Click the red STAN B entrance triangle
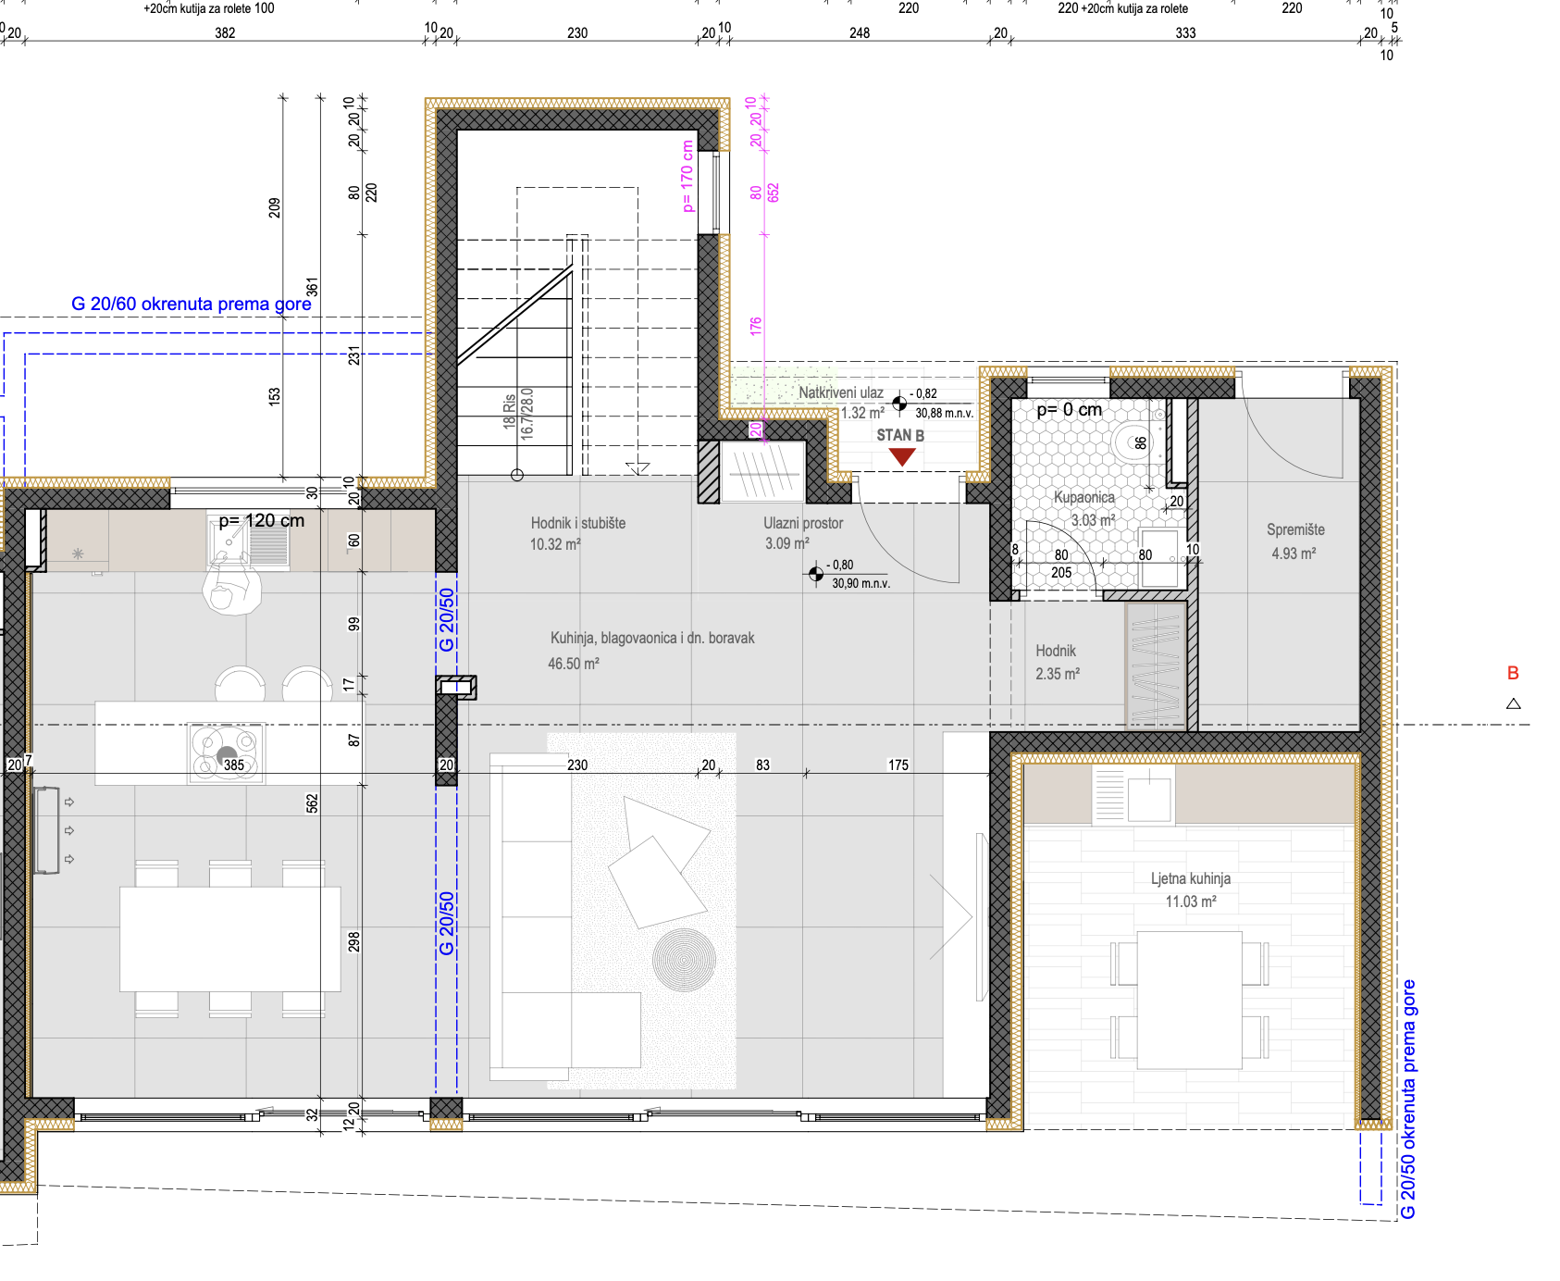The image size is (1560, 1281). point(902,456)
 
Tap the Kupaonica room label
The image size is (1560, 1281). point(1084,497)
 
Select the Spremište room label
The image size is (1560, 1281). point(1295,529)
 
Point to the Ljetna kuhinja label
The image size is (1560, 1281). point(1191,878)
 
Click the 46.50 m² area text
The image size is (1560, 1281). point(574,664)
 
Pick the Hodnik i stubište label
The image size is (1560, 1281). point(578,523)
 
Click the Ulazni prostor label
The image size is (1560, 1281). point(803,523)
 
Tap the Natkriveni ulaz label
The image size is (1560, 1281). point(841,392)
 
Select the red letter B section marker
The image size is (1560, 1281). point(1513,673)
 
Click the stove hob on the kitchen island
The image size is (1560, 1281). point(227,752)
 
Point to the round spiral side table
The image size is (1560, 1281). point(684,960)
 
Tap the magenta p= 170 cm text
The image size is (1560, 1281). point(687,176)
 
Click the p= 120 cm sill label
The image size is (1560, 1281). point(262,520)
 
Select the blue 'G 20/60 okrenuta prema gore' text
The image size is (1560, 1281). point(192,304)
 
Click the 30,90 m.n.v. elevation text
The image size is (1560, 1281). point(860,584)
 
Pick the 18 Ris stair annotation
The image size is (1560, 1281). point(509,411)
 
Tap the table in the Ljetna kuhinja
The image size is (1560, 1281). point(1190,1000)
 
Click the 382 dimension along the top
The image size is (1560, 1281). point(225,33)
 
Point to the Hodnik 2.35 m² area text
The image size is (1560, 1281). point(1058,674)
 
